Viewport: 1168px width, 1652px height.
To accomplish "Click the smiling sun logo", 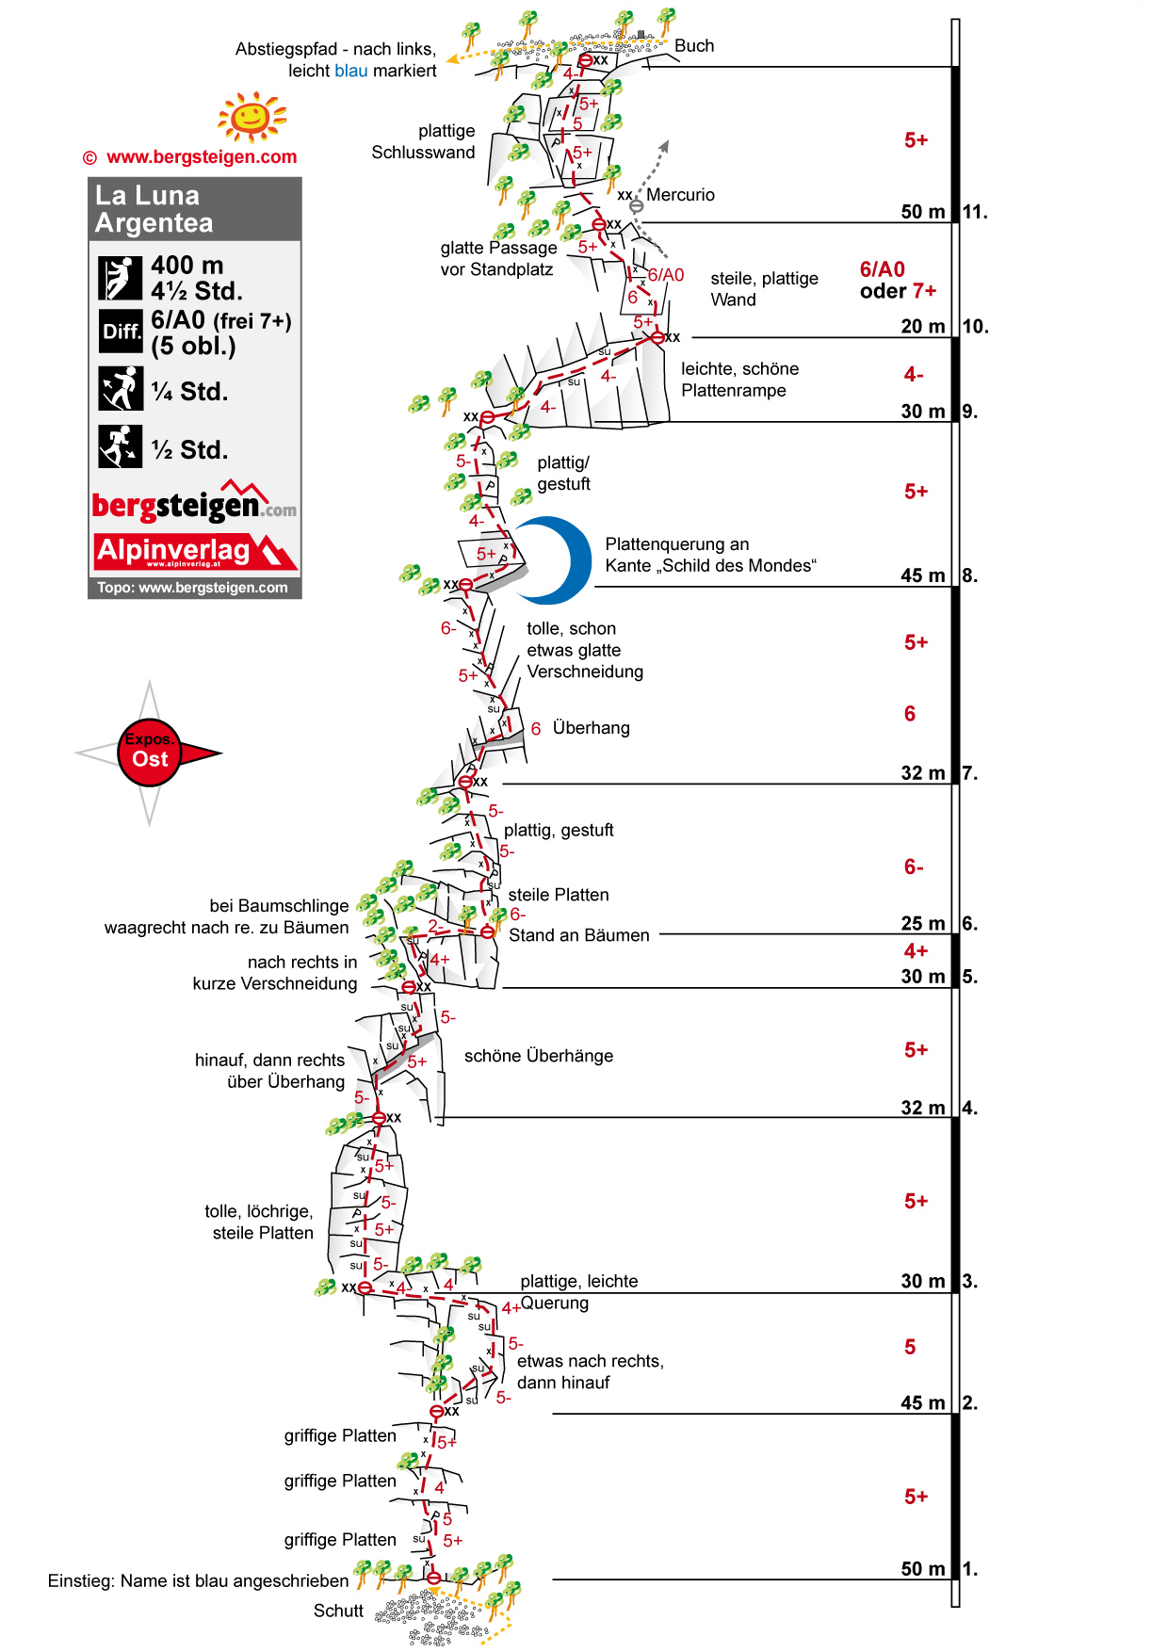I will click(251, 117).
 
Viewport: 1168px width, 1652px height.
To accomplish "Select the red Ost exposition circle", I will click(149, 753).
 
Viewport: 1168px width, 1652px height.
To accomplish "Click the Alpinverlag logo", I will click(195, 552).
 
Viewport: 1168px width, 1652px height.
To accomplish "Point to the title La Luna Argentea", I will click(154, 209).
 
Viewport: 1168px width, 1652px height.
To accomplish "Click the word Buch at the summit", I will click(694, 46).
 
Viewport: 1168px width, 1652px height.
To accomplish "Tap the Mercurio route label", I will click(680, 195).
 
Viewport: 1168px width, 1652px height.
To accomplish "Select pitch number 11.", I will click(975, 212).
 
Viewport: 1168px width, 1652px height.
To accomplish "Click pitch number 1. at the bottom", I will click(970, 1569).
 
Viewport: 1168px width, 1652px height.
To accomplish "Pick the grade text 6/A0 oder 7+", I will click(898, 281).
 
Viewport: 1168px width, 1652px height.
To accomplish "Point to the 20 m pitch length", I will click(922, 327).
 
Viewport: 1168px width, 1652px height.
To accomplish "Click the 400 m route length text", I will click(187, 266).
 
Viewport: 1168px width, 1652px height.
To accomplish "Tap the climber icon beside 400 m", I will click(120, 278).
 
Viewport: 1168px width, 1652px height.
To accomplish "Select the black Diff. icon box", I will click(121, 332).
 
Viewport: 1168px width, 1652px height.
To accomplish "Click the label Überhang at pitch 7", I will click(591, 728).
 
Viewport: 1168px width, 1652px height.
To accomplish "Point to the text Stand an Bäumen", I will click(578, 935).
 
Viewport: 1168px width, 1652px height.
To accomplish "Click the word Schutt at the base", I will click(338, 1611).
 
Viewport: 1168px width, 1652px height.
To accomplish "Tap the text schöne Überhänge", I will click(538, 1056).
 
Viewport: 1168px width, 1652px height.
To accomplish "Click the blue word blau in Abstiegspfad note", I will click(350, 71).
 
